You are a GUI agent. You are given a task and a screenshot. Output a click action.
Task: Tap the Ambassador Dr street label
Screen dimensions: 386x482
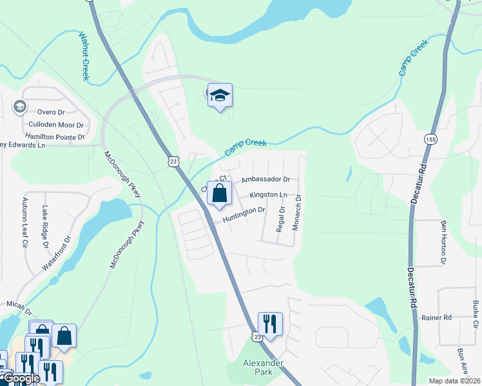265,180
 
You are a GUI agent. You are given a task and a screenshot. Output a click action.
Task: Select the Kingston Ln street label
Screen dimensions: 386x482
268,194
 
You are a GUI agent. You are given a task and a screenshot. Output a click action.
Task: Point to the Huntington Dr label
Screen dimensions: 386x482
244,215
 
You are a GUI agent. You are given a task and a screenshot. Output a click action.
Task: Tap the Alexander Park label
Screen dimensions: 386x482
263,367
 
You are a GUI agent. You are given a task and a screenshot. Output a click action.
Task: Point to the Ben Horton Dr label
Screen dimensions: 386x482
443,243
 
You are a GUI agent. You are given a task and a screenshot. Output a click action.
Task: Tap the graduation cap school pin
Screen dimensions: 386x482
220,96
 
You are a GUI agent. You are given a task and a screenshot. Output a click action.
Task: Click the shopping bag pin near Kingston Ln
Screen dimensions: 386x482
219,193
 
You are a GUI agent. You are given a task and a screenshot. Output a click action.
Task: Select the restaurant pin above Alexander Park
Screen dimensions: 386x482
270,324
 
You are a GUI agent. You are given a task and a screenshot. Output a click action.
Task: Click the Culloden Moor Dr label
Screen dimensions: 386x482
56,125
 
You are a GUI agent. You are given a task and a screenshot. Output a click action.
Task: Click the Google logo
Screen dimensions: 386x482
21,379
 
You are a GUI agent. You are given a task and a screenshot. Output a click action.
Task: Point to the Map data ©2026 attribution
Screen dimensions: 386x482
454,381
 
